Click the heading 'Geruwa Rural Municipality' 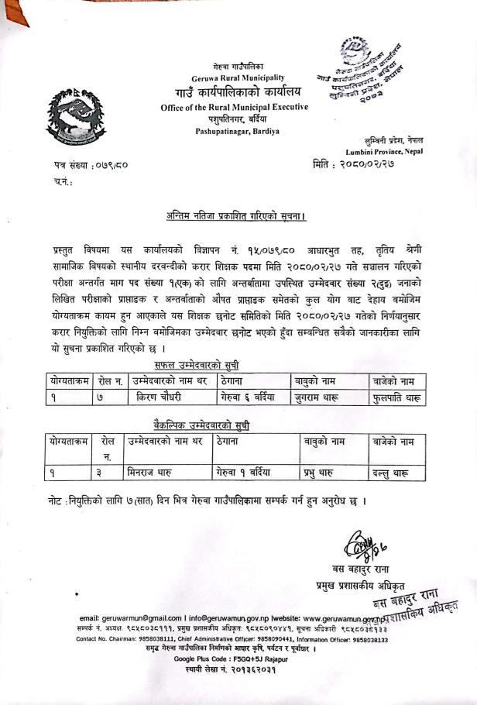(238, 78)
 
